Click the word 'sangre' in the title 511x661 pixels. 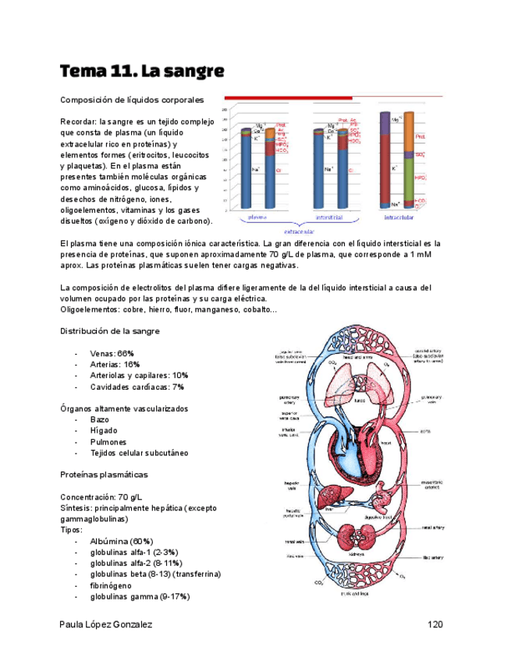coord(194,72)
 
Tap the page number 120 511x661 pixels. coord(435,624)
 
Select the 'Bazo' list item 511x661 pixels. coord(100,419)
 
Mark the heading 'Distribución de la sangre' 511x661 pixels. coord(110,331)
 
